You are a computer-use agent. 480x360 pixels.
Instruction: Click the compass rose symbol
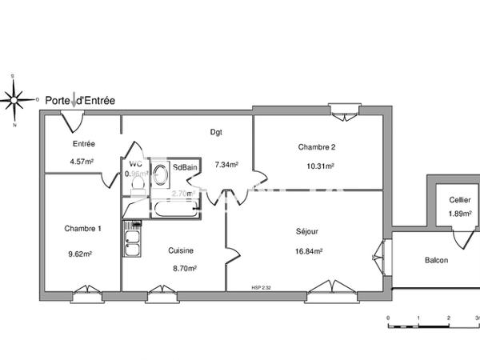click(14, 100)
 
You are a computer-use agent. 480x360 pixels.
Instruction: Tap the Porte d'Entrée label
click(80, 101)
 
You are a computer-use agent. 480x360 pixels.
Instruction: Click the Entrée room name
click(83, 144)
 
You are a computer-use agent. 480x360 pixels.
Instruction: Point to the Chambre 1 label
click(83, 229)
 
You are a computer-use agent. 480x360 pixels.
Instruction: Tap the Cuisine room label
click(180, 250)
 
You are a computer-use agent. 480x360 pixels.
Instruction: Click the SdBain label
click(186, 167)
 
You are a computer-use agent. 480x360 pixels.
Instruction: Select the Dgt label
click(216, 132)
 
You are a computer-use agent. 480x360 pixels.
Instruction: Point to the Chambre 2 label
click(317, 146)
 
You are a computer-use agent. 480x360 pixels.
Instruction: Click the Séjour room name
click(306, 231)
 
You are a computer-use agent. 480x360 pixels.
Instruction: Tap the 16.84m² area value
click(309, 250)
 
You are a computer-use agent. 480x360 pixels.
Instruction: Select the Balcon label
click(436, 260)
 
